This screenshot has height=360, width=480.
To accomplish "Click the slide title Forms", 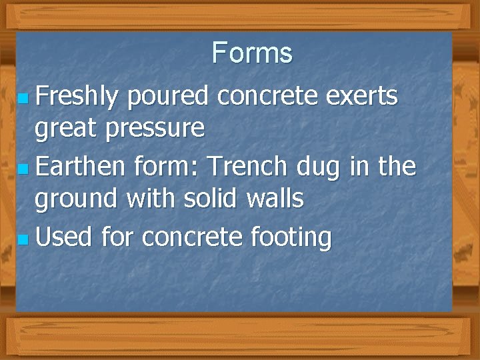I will tap(252, 53).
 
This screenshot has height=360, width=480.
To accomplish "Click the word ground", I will tap(75, 199).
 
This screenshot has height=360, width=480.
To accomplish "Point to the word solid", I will tap(213, 198).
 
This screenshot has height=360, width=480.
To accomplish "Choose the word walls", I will tap(275, 198).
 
